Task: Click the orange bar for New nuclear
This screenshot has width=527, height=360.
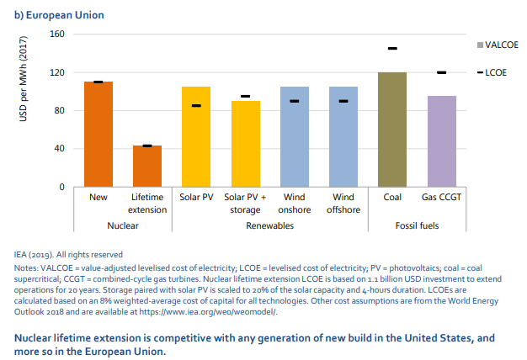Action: (x=98, y=135)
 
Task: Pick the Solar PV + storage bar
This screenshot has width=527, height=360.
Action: (x=245, y=144)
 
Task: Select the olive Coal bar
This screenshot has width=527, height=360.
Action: (x=392, y=130)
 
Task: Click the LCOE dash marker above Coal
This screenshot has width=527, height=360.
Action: (x=392, y=49)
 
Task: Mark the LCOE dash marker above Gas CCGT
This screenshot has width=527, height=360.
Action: (x=441, y=72)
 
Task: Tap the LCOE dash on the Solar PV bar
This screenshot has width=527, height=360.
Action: (x=196, y=106)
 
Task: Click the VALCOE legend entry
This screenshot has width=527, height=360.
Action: (x=497, y=43)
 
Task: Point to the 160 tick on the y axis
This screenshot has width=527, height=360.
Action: (x=57, y=34)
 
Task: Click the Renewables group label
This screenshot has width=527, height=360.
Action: (x=269, y=226)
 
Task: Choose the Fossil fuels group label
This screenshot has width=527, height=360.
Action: (x=417, y=226)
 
